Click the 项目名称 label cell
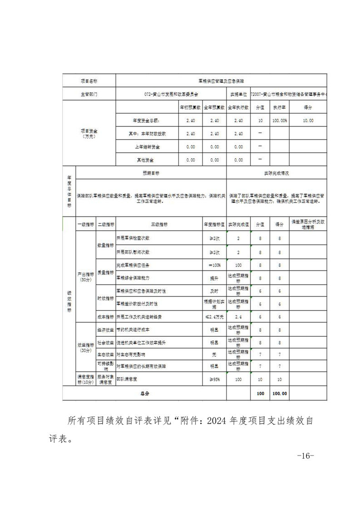[x=89, y=81]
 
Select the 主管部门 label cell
[x=89, y=94]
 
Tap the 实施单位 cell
[x=238, y=94]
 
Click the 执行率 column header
[x=279, y=108]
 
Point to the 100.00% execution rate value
[x=279, y=121]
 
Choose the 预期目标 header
[x=151, y=173]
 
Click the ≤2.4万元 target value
[x=214, y=317]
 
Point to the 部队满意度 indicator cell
[x=126, y=378]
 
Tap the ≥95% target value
[x=214, y=378]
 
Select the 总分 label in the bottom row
[x=144, y=393]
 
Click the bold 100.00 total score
[x=279, y=393]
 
